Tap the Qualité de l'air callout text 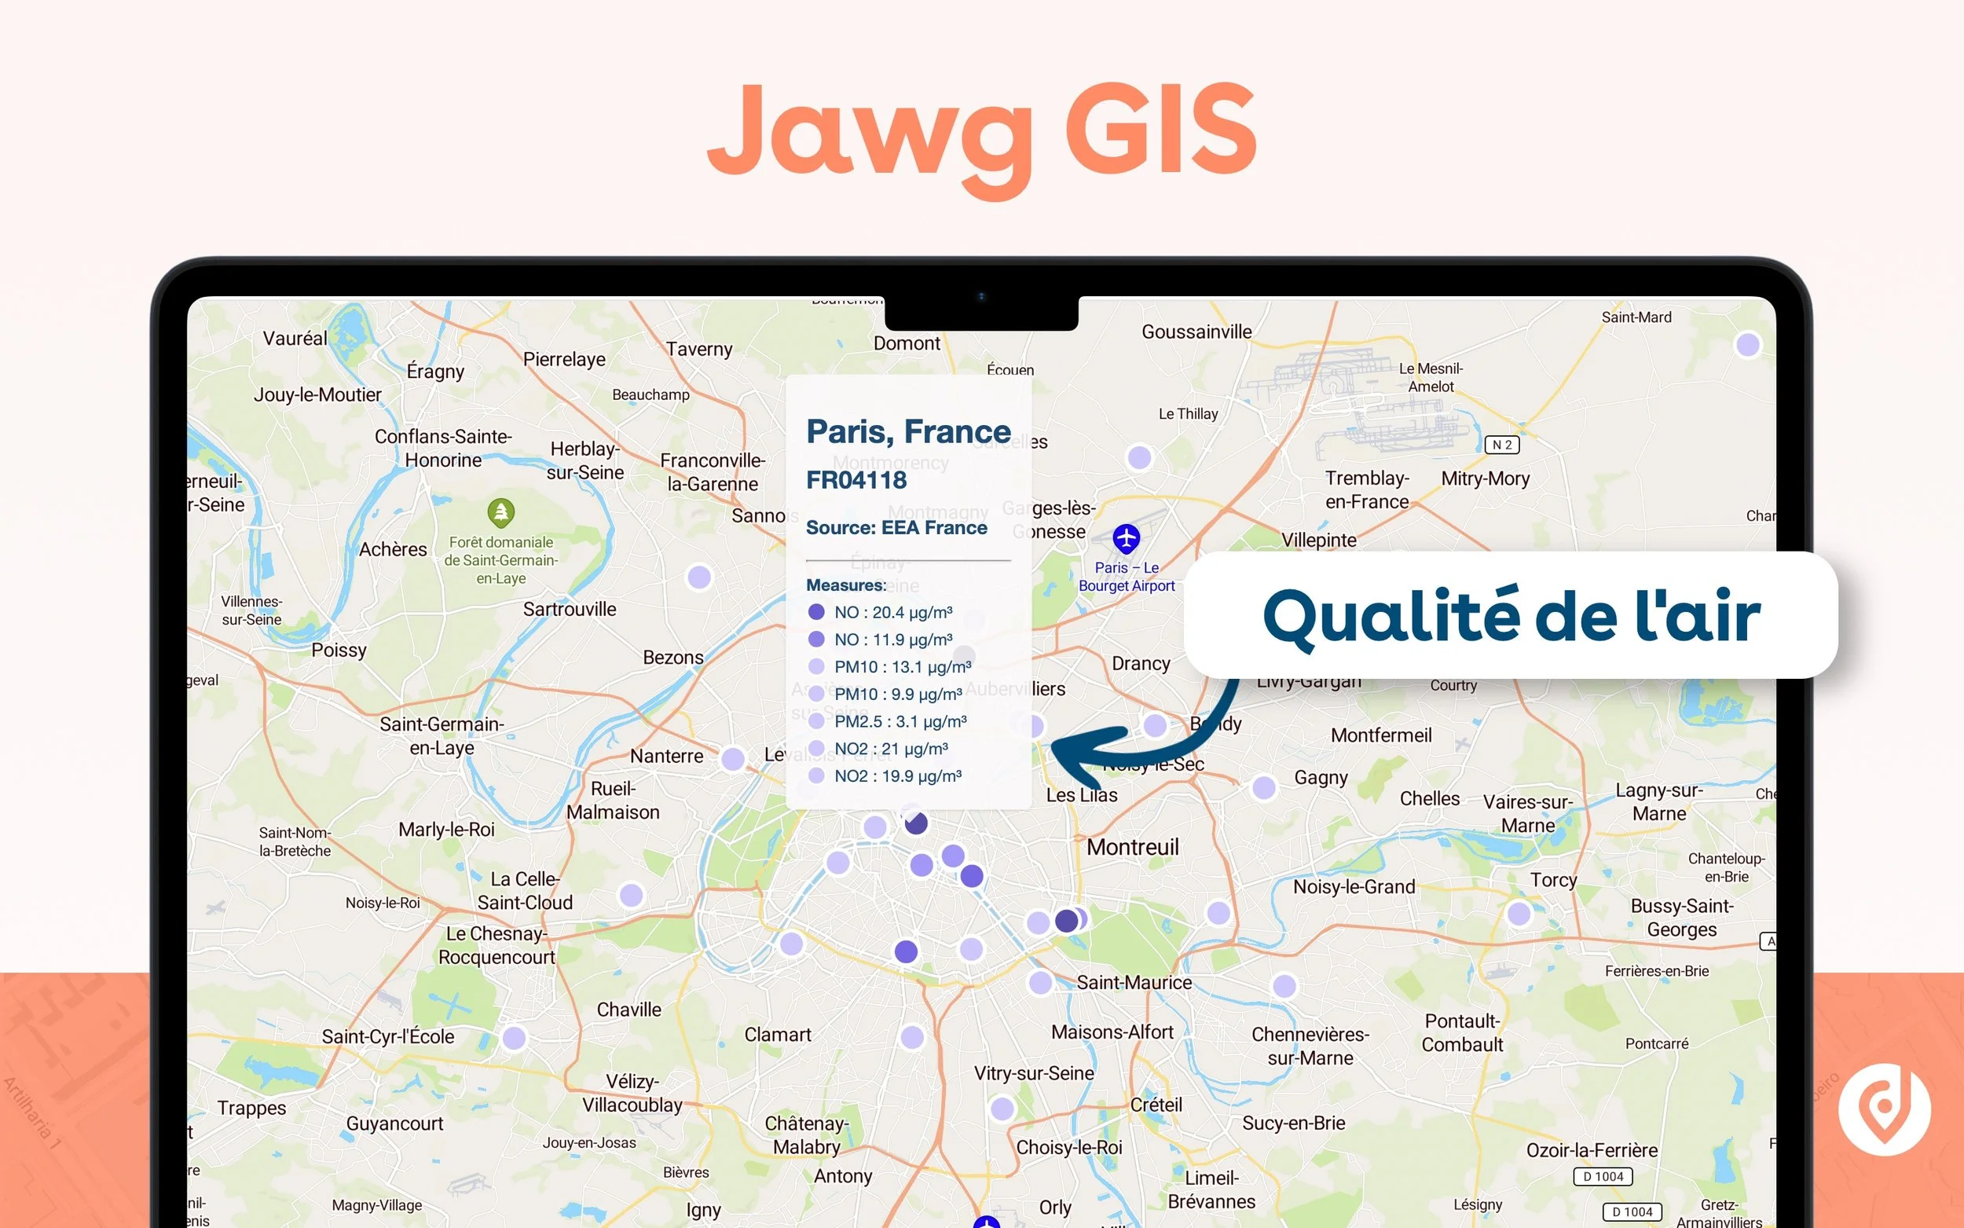(1511, 616)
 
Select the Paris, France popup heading (907, 431)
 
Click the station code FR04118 (856, 480)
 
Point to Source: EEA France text (896, 528)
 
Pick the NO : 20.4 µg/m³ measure (892, 612)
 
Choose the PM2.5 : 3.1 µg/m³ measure (900, 721)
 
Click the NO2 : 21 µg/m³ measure (890, 749)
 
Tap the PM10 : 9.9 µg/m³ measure (897, 695)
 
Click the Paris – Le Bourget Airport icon (1125, 537)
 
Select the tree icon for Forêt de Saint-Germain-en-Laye (501, 512)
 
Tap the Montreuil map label (1132, 847)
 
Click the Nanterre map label (666, 756)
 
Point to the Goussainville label (1196, 332)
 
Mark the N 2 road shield (1501, 445)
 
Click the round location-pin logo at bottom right (1884, 1109)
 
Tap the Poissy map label (339, 650)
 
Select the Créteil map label (1156, 1105)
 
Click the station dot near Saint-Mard (1747, 344)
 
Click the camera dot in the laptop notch (980, 296)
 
